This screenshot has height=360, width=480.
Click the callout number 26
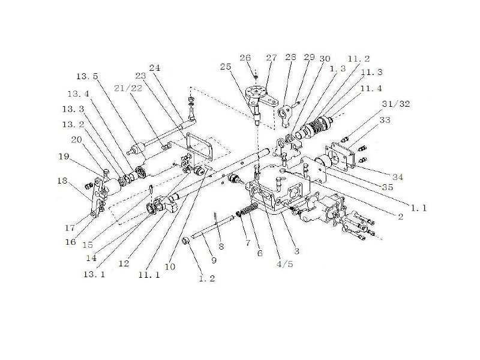pyautogui.click(x=245, y=58)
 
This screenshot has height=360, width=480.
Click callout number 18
pyautogui.click(x=62, y=180)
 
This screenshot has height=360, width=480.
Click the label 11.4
pyautogui.click(x=371, y=88)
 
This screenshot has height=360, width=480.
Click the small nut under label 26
pyautogui.click(x=255, y=77)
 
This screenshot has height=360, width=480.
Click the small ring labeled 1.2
pyautogui.click(x=186, y=241)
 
